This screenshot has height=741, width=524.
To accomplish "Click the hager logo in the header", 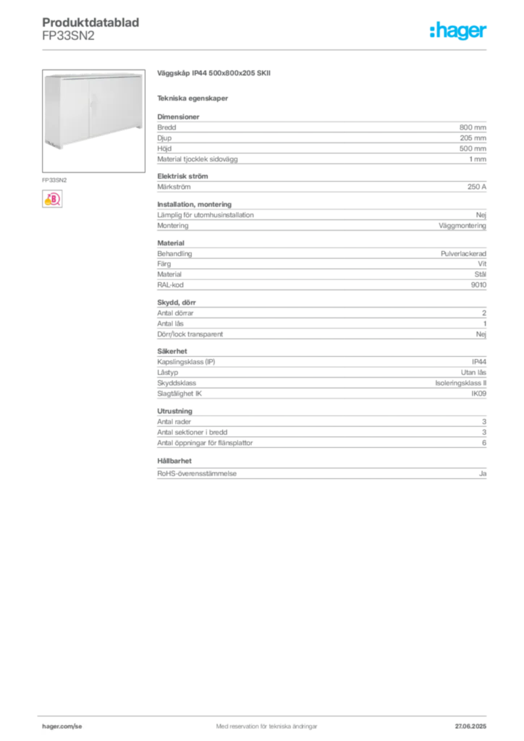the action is click(x=457, y=30).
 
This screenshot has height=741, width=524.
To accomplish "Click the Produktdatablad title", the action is click(x=90, y=22).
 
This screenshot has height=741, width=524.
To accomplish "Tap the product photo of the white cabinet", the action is click(x=93, y=121).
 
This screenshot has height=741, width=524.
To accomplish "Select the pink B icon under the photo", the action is click(x=52, y=199).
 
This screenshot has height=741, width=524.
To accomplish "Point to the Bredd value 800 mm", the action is click(x=473, y=127).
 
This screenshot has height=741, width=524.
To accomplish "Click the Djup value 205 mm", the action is click(x=473, y=138).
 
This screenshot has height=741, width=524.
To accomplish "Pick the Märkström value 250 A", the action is click(x=477, y=187).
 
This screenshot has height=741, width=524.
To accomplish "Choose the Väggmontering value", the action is click(x=462, y=226).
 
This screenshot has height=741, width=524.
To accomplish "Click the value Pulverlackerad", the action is click(x=463, y=254).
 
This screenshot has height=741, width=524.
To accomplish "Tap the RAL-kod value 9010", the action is click(x=478, y=285).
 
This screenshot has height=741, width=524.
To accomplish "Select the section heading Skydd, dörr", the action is click(x=177, y=302).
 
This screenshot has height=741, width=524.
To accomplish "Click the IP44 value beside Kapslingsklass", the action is click(x=479, y=362).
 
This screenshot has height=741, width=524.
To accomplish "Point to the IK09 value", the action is click(x=478, y=394).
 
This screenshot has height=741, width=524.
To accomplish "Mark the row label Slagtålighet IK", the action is click(x=179, y=394).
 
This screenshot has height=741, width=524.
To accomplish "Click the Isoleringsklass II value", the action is click(x=461, y=384).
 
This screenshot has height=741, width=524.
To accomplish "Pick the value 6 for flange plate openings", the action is click(x=484, y=443).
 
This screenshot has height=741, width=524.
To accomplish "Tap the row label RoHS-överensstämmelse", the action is click(x=197, y=473).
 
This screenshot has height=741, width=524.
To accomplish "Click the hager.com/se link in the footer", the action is click(x=62, y=727).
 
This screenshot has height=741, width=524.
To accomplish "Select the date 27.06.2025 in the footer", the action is click(x=470, y=727).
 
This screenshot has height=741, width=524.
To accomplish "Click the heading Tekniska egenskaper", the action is click(x=193, y=98).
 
